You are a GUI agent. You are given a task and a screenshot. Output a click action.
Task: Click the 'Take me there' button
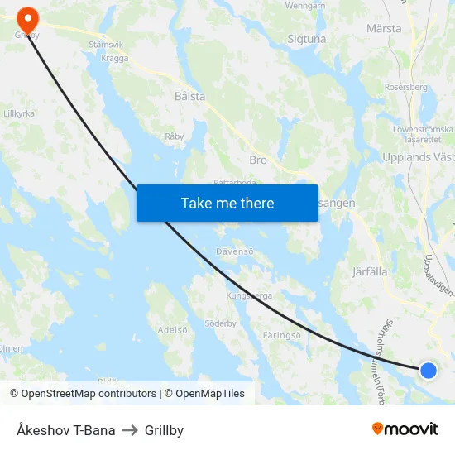click(x=227, y=203)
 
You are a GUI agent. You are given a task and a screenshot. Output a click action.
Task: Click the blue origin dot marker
click(x=428, y=370)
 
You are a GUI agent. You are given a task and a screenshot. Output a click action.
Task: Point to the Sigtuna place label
click(x=306, y=38)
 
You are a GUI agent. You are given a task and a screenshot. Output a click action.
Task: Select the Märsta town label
click(x=384, y=28)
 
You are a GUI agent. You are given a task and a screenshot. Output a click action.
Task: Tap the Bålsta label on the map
click(x=189, y=96)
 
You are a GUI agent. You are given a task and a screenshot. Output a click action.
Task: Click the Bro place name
click(x=258, y=160)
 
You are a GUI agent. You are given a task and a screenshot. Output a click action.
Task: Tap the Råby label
click(x=174, y=136)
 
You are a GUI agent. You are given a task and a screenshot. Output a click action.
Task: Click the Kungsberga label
click(x=249, y=295)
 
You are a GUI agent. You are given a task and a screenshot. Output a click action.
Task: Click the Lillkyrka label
click(x=18, y=113)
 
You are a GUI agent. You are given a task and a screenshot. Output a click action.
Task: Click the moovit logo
click(x=405, y=429)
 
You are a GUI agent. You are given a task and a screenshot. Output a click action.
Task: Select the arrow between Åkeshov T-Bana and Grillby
click(x=130, y=430)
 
